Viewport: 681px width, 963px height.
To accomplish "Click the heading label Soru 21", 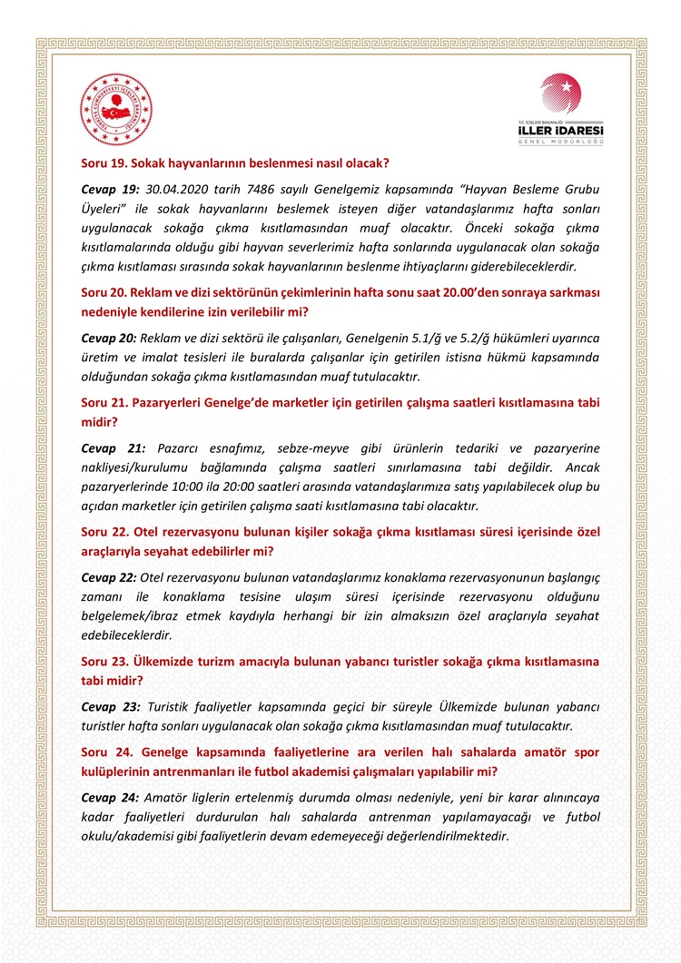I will tap(103, 402).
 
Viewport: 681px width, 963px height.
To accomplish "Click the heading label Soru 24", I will tap(103, 752).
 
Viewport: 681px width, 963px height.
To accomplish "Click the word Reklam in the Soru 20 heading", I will tap(154, 292).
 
